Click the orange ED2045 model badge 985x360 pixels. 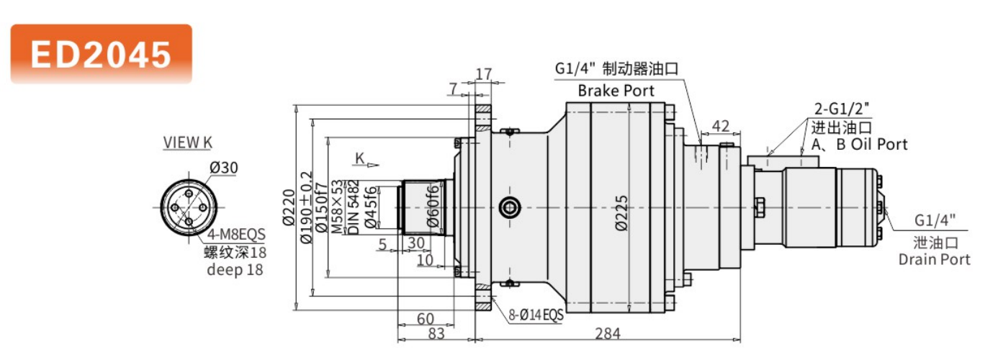coord(101,54)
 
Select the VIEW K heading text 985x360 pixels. coord(187,143)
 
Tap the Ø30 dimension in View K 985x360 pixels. coord(224,168)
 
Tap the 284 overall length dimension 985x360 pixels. coord(607,333)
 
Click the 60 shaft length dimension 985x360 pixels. coord(425,318)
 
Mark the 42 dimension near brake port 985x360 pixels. coord(719,126)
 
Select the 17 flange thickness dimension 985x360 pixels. coord(484,73)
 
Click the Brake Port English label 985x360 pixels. coord(616,91)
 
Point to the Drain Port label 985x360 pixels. coord(935,259)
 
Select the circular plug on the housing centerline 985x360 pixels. coord(510,208)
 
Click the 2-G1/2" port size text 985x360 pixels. coord(842,110)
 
